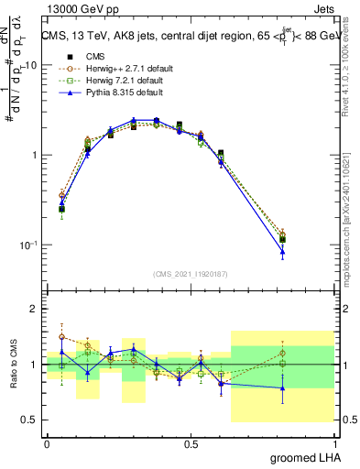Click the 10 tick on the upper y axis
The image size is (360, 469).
pos(31,65)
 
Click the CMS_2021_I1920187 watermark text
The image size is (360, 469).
pos(191,274)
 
